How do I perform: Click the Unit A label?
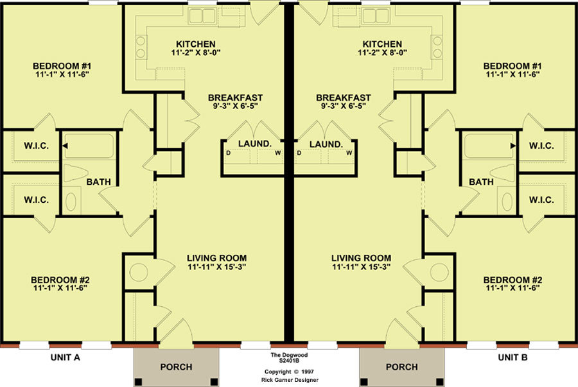(x=66, y=357)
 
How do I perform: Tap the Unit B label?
(x=512, y=357)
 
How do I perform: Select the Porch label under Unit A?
(x=176, y=367)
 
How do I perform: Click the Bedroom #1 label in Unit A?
(x=62, y=66)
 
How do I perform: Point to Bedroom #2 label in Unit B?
(x=512, y=280)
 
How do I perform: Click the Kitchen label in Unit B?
(x=382, y=44)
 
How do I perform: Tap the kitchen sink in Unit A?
(x=202, y=16)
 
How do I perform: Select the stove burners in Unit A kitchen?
(x=141, y=47)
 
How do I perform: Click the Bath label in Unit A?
(x=98, y=182)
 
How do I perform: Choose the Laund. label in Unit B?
(x=326, y=144)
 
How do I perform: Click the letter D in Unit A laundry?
(x=228, y=153)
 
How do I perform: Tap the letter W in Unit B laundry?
(x=349, y=153)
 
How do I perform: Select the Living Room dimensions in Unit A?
(x=217, y=267)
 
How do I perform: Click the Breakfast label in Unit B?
(x=343, y=98)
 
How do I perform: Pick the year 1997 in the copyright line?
(x=307, y=372)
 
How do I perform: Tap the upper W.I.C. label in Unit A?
(x=36, y=146)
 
